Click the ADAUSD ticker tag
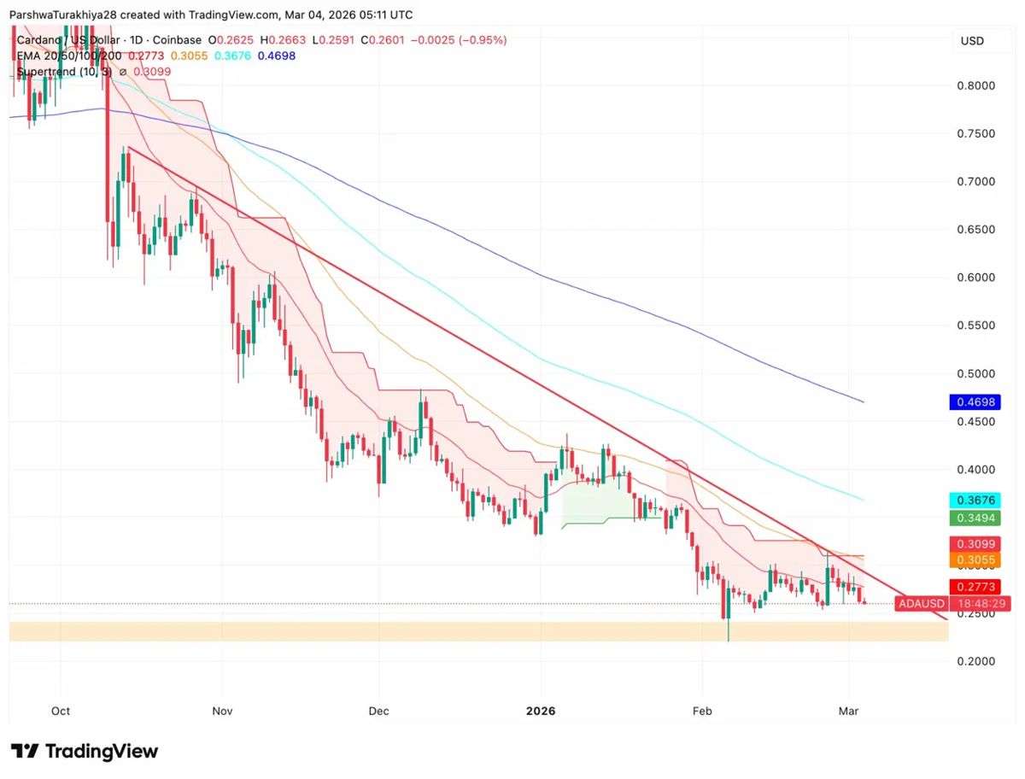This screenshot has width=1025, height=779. tap(921, 604)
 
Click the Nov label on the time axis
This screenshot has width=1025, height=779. tap(222, 711)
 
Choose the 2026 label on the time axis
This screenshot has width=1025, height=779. tap(541, 711)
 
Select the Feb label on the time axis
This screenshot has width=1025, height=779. tap(701, 711)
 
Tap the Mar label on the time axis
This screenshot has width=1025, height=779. tap(849, 711)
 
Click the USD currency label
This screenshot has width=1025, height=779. tap(972, 41)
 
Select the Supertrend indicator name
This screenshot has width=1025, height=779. tap(50, 72)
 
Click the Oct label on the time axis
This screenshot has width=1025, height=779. tap(61, 711)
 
